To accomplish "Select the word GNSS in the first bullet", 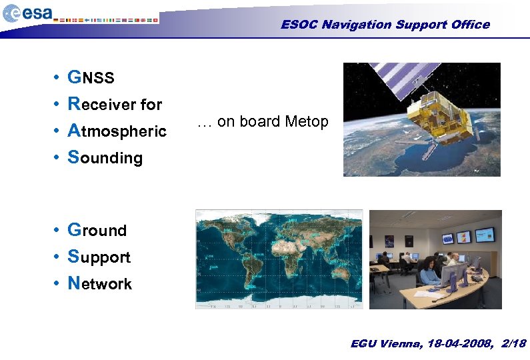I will pos(91,78).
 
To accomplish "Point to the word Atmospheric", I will pos(117,131).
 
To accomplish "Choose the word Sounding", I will pos(105,158).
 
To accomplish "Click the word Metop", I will pos(306,122).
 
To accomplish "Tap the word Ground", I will pos(97,230).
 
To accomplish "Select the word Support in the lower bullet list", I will pos(99,257).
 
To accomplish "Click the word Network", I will pos(100,283).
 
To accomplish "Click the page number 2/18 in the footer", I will pos(511,343).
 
